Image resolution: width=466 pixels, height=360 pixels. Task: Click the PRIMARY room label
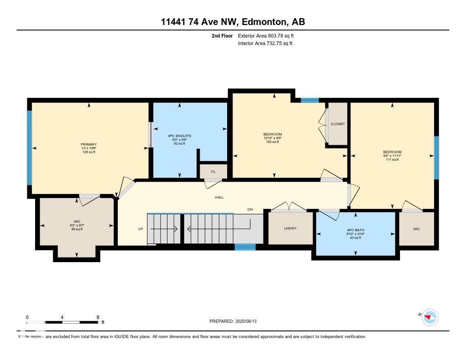89,144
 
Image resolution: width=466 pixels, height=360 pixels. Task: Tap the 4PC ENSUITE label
179,136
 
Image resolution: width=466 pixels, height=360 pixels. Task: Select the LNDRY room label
290,228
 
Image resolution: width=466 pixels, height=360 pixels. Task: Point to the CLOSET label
338,124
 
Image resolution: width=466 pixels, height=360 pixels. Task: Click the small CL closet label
213,172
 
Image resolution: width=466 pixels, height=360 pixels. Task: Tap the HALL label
219,197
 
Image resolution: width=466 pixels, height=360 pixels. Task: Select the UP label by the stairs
140,229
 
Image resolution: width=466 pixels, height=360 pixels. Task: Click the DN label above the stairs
250,209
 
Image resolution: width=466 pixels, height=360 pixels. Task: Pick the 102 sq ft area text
272,142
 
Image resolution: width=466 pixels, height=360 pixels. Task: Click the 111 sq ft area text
392,160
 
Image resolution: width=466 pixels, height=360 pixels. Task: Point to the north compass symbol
430,317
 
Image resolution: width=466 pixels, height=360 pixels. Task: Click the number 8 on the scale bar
98,317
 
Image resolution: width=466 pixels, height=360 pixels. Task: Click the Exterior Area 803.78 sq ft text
269,35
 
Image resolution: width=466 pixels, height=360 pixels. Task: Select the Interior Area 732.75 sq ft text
265,44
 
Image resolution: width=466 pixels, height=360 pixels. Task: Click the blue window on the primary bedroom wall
29,148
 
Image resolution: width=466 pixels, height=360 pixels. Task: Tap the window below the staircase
245,247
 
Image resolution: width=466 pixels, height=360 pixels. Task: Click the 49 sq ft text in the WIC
76,229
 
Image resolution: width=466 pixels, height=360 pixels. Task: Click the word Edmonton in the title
263,22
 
